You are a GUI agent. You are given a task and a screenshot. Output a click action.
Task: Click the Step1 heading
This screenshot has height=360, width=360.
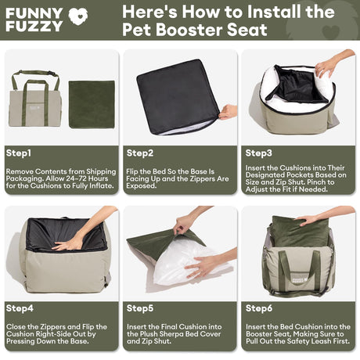click(x=19, y=153)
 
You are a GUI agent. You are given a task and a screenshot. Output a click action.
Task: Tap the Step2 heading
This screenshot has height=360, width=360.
click(x=140, y=153)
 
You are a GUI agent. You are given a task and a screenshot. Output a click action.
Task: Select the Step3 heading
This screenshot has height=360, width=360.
click(x=258, y=153)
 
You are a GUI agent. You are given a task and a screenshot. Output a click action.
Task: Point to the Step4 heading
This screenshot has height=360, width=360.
click(x=20, y=308)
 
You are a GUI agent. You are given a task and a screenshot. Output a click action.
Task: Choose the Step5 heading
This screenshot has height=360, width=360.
click(x=140, y=308)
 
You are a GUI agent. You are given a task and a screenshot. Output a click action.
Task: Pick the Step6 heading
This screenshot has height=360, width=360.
click(x=259, y=308)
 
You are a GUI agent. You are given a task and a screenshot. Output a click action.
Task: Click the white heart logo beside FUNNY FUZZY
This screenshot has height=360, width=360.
click(x=78, y=16)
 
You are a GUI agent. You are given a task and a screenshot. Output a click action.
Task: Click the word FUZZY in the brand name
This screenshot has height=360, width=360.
click(x=34, y=27)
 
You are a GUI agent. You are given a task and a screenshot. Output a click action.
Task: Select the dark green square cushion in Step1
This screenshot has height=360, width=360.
click(x=92, y=104)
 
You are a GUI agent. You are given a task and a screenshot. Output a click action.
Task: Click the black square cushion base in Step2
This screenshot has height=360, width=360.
click(x=178, y=96)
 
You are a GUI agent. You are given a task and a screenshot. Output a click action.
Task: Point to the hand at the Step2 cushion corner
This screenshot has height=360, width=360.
click(x=229, y=112)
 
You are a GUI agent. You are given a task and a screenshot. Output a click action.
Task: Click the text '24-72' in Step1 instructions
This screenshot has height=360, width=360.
click(x=76, y=178)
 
